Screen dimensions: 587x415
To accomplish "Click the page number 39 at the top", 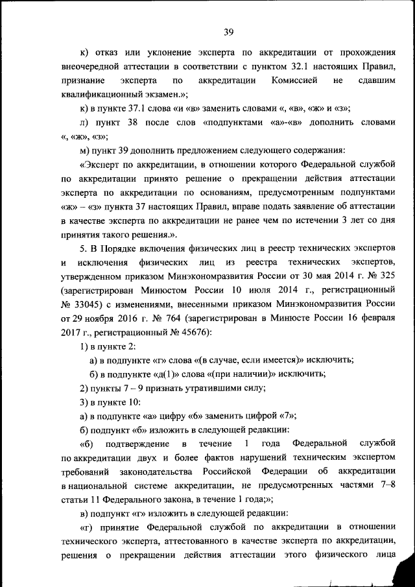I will [x=228, y=31].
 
